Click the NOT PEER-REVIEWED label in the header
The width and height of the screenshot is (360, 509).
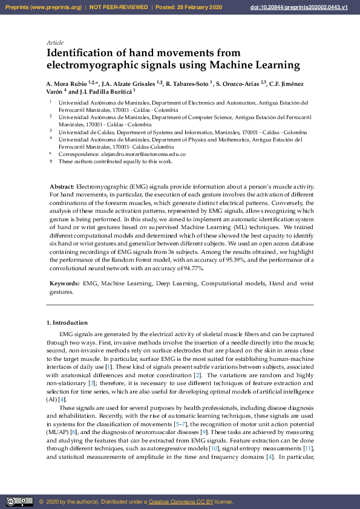(119, 7)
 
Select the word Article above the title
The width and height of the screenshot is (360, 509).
(55, 43)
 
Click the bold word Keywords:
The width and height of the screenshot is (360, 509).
(64, 283)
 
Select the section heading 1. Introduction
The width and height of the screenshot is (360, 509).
(67, 323)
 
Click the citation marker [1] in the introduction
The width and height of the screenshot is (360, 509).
(108, 367)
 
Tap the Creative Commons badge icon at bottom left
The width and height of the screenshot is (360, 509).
(19, 502)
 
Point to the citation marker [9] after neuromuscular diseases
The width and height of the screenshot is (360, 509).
(207, 433)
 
